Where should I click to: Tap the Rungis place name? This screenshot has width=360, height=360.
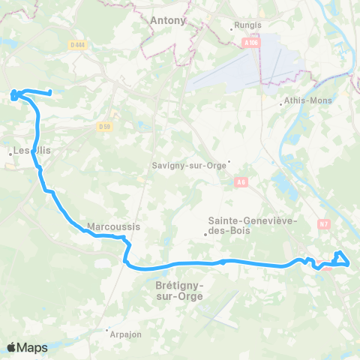tap(247, 25)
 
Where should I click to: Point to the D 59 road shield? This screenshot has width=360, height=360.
tap(103, 126)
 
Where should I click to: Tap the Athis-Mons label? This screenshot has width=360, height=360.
tap(305, 100)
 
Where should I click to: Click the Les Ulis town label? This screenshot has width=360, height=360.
tap(32, 151)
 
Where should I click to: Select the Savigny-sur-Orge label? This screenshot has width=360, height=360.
tap(189, 166)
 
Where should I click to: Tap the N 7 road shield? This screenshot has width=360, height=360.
tap(324, 223)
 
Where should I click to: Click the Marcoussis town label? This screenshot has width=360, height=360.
tap(114, 226)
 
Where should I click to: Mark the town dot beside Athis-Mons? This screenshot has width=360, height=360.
tap(280, 100)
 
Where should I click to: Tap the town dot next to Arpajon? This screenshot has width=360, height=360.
tap(106, 330)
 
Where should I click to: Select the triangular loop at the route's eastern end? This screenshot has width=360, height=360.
tap(341, 258)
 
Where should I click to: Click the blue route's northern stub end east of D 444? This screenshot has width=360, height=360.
tap(49, 93)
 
